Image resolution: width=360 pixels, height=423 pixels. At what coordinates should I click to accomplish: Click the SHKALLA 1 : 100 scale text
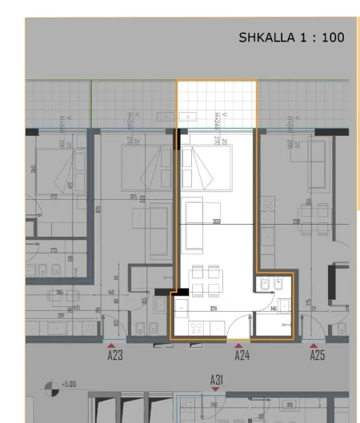(291, 38)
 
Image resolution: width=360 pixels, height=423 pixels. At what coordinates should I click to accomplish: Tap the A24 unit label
(242, 356)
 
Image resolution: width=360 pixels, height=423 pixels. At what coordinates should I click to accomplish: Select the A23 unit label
(115, 356)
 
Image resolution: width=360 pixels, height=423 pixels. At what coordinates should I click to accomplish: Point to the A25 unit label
(317, 356)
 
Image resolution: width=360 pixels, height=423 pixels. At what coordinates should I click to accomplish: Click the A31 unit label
(216, 379)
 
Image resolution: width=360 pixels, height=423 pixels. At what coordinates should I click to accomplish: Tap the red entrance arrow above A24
(238, 345)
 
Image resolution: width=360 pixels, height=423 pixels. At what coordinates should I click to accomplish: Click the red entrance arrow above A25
(314, 345)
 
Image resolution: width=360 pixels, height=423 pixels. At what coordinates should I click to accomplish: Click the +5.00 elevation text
(68, 385)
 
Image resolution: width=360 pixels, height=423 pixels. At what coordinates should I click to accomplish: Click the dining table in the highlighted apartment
(202, 277)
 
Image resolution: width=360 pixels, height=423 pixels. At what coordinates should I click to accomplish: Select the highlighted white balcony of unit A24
(216, 104)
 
